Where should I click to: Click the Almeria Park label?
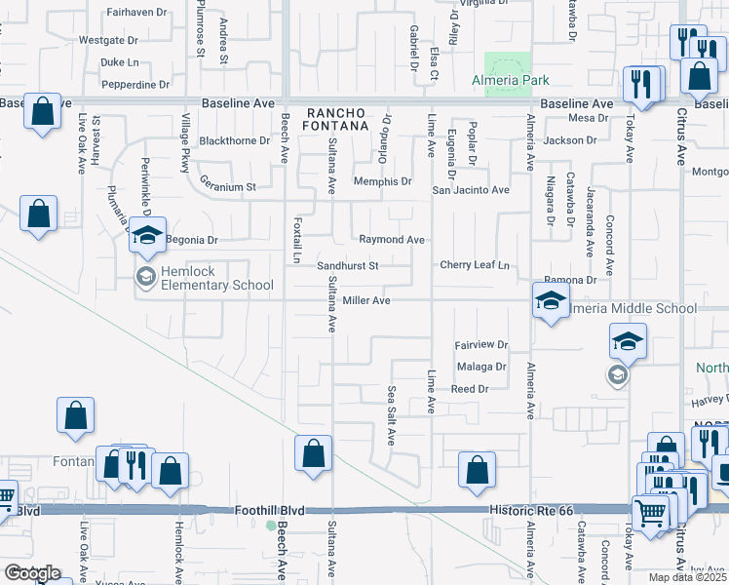pos(510,80)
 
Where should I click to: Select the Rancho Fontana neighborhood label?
pos(340,119)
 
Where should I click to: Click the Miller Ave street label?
pos(366,301)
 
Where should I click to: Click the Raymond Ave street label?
pos(392,240)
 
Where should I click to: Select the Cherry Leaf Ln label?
pos(475,265)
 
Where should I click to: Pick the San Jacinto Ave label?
pos(471,190)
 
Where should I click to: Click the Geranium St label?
pos(227,186)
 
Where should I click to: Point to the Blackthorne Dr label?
pos(234,140)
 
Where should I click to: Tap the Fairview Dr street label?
pos(481,345)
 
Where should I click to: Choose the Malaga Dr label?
pos(481,367)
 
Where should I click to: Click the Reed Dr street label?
pos(469,389)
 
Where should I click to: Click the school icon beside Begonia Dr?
pos(147,236)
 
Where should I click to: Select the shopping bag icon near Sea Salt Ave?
pos(477,470)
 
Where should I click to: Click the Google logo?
pos(32,573)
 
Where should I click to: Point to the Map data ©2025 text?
pos(687,577)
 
